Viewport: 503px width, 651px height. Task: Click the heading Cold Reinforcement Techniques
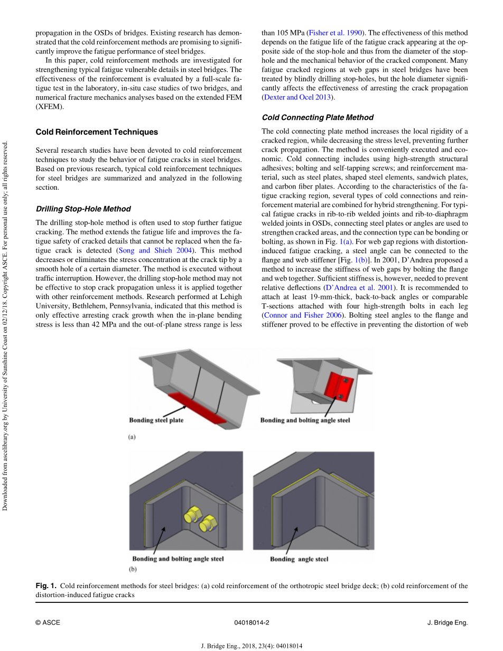pyautogui.click(x=97, y=132)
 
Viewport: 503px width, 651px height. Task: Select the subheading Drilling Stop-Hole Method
pyautogui.click(x=83, y=209)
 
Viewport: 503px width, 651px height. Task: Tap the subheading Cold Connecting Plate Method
pyautogui.click(x=318, y=117)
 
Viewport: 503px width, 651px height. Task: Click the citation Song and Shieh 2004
pyautogui.click(x=155, y=250)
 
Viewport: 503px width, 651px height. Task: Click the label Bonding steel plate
pyautogui.click(x=156, y=421)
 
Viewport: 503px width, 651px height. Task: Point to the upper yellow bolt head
pyautogui.click(x=192, y=513)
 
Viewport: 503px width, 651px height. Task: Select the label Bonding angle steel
pyautogui.click(x=299, y=559)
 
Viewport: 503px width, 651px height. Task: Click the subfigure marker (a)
pyautogui.click(x=133, y=437)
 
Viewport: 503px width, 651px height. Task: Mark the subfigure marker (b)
pyautogui.click(x=133, y=570)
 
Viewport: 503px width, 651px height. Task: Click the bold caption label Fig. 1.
pyautogui.click(x=45, y=586)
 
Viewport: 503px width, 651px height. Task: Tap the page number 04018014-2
pyautogui.click(x=251, y=622)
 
